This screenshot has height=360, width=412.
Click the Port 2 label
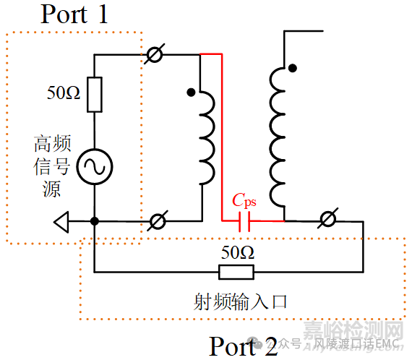coord(243,346)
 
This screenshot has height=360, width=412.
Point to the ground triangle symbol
coord(64,222)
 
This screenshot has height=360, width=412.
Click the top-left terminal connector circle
coord(154,54)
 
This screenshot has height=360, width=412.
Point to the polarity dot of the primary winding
coord(190,93)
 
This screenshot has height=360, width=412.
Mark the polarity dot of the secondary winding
coord(292,69)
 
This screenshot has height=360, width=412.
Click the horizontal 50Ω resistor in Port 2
coord(236,272)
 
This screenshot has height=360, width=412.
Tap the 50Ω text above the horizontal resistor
coord(236,253)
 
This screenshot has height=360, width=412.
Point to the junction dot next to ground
coord(95,221)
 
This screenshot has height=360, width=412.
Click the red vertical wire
coord(221,137)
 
